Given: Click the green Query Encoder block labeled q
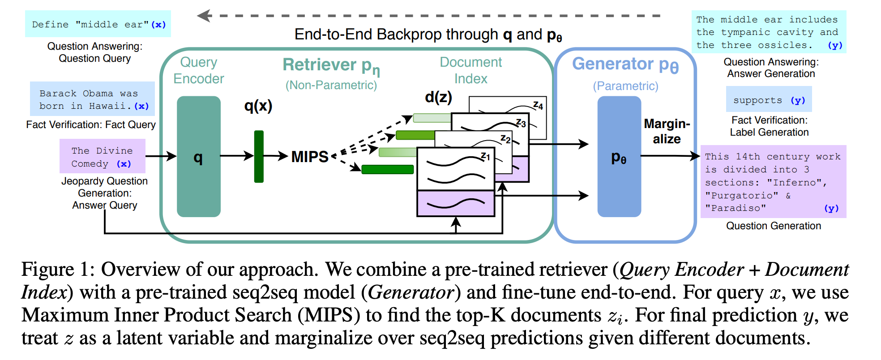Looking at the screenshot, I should [198, 157].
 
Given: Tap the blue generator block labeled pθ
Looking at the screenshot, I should [619, 157].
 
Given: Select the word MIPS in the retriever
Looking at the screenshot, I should [310, 157].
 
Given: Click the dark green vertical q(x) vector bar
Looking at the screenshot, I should [259, 156].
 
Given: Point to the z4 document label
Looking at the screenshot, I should [538, 106].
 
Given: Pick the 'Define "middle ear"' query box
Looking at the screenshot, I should [98, 24].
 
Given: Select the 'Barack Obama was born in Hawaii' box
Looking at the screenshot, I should [93, 99].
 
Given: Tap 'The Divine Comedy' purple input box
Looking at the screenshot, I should [103, 157].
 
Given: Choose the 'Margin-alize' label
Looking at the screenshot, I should [667, 131].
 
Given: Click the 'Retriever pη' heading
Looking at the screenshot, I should [331, 65].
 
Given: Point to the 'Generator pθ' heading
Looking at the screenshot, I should [625, 64].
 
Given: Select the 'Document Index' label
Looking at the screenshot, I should [470, 70].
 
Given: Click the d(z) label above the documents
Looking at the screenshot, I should [438, 97].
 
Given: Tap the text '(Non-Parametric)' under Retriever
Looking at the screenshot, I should [331, 85].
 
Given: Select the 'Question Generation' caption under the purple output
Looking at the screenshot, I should [773, 226].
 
